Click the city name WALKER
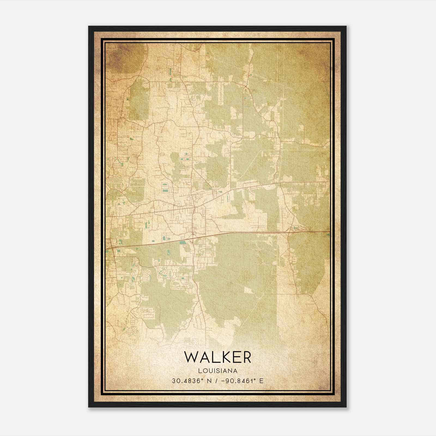217,357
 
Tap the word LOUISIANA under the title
218,371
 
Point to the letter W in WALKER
191,357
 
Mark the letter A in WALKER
203,357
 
